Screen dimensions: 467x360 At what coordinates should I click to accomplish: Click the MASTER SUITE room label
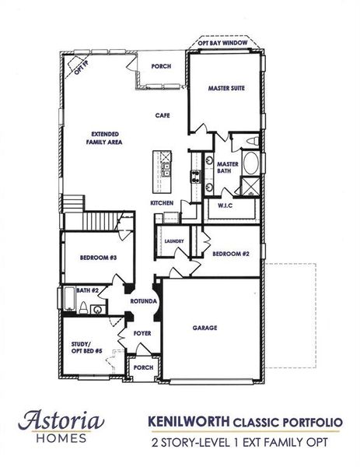pos(226,90)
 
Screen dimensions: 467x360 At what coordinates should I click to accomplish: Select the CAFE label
pos(162,116)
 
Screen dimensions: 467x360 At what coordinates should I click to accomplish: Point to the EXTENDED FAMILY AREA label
pos(103,139)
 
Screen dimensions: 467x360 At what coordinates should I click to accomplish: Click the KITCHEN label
pos(161,203)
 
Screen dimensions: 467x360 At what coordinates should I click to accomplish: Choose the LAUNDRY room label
pos(173,241)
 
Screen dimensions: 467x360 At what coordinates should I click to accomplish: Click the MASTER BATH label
pos(227,167)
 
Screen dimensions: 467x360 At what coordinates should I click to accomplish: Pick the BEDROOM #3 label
pos(99,258)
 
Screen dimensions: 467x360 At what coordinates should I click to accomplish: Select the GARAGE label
pos(204,328)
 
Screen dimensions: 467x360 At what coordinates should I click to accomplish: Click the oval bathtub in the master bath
pos(250,164)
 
